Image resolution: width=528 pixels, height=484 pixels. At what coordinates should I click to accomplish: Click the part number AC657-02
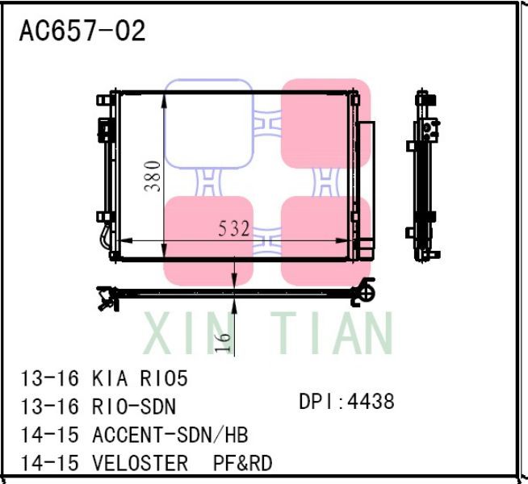(x=82, y=31)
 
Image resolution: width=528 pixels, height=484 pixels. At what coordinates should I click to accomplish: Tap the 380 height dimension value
(x=153, y=176)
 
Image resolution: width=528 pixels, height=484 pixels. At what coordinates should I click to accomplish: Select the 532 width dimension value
(x=234, y=229)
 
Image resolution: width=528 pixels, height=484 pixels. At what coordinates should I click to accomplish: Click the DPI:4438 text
(x=346, y=401)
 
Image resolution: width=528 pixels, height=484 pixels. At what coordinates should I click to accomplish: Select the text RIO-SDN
(x=134, y=407)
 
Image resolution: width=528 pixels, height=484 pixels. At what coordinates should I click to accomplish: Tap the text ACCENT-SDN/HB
(x=170, y=435)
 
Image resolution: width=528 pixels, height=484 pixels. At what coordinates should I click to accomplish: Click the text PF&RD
(x=242, y=463)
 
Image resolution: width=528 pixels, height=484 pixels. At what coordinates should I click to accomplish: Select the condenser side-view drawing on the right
(x=426, y=177)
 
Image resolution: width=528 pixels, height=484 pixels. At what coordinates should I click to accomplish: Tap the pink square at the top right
(x=325, y=123)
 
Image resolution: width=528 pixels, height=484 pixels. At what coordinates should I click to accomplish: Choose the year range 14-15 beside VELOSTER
(x=50, y=463)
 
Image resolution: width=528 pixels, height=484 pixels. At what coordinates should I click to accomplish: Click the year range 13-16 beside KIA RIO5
(x=50, y=378)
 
